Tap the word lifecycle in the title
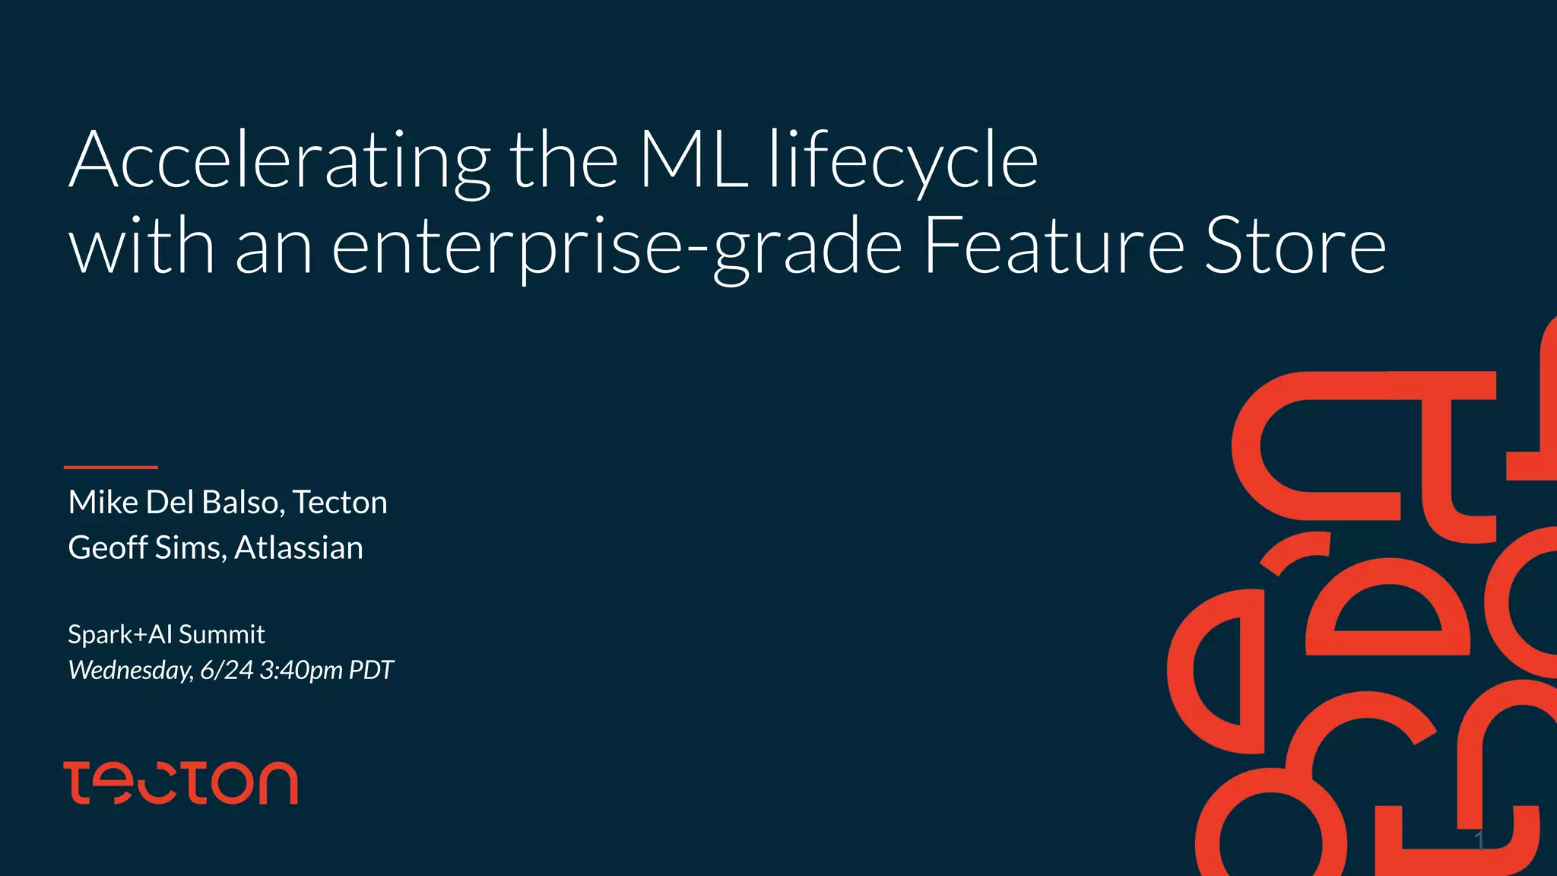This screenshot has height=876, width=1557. (903, 161)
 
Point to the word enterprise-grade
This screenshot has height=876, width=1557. (617, 247)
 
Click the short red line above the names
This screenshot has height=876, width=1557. (111, 467)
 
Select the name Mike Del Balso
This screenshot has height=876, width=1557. (176, 503)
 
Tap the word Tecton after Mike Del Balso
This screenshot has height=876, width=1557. (340, 503)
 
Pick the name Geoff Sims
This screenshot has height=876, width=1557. (147, 548)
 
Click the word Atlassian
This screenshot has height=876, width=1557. (299, 548)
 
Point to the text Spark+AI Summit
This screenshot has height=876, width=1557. (166, 634)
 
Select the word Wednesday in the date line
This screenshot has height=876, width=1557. (130, 670)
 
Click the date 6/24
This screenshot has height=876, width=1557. (227, 670)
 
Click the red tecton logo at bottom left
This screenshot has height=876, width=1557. (181, 782)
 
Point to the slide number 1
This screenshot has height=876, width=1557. (1479, 840)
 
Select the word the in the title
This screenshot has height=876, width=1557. (563, 161)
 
